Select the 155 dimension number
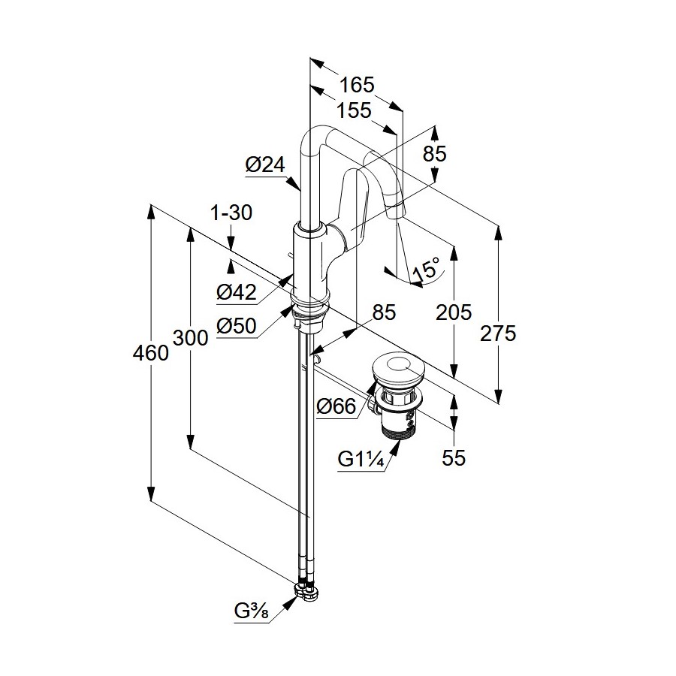pyautogui.click(x=353, y=110)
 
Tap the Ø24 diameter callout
pyautogui.click(x=264, y=164)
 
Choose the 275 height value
pyautogui.click(x=499, y=333)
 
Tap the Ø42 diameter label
pyautogui.click(x=237, y=292)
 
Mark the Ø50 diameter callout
pyautogui.click(x=236, y=325)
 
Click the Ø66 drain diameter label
pyautogui.click(x=336, y=406)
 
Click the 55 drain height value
pyautogui.click(x=454, y=457)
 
